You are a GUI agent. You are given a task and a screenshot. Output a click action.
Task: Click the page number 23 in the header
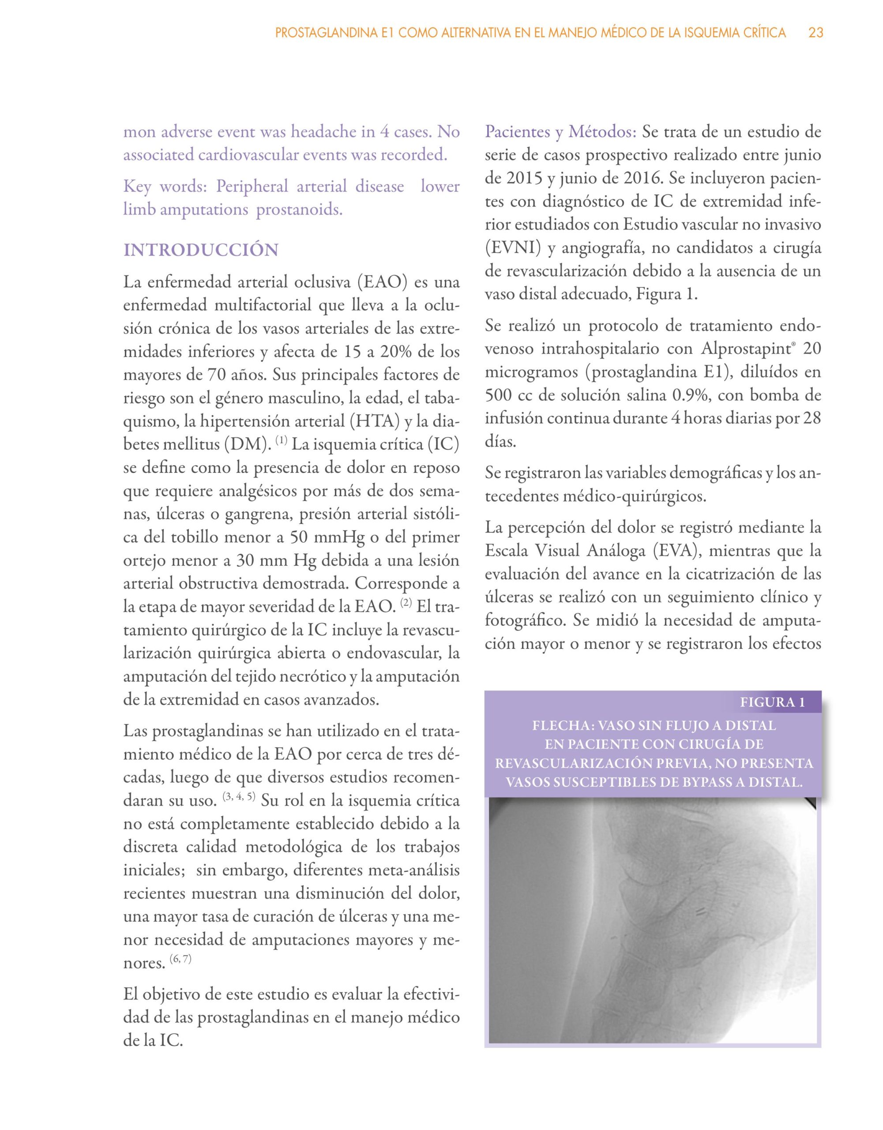[x=816, y=33]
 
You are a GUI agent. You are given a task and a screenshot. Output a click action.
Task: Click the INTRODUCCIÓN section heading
[x=201, y=250]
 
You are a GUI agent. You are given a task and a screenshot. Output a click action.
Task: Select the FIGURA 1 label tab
[x=772, y=702]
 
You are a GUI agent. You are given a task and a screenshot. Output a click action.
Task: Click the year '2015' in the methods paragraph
[x=508, y=178]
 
